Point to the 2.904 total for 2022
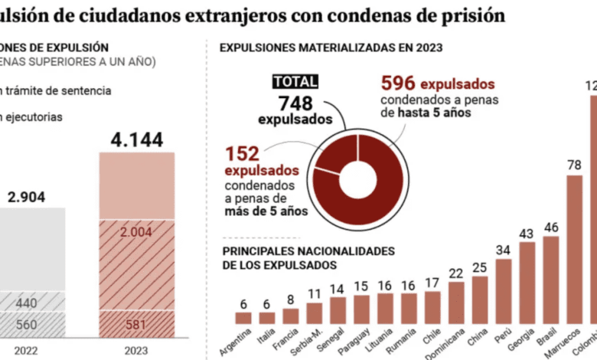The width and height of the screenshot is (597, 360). (x=26, y=197)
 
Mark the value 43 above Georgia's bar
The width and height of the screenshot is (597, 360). (x=527, y=233)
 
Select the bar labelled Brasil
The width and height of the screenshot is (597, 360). (x=550, y=280)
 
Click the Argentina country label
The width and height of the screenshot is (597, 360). (x=235, y=342)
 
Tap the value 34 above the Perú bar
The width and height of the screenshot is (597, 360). (x=503, y=250)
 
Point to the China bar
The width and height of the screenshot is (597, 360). (x=479, y=299)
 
